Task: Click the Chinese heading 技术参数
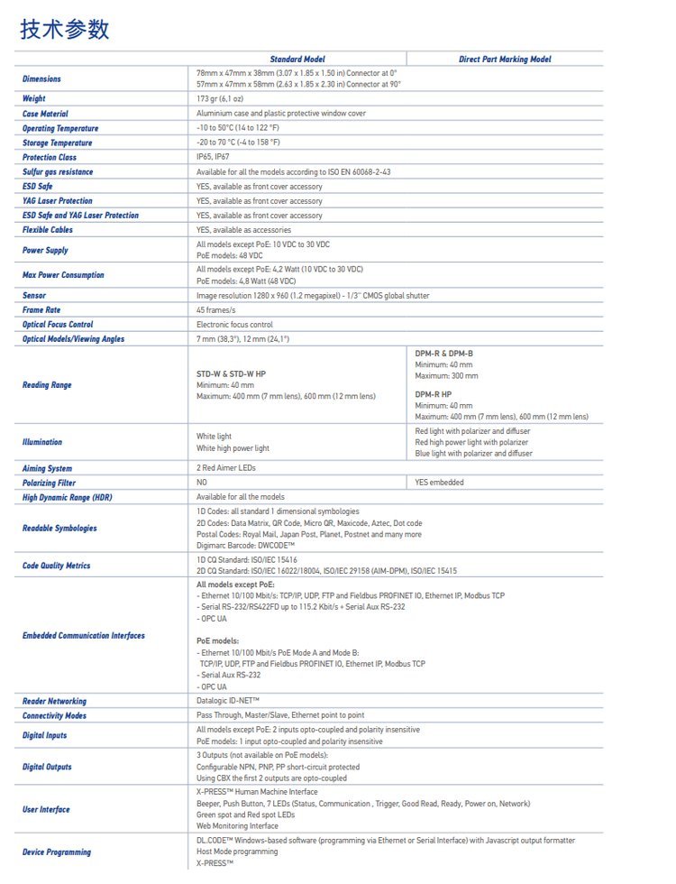pos(65,29)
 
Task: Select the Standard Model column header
pos(297,59)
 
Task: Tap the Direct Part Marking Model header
pos(505,59)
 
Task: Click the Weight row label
pos(34,98)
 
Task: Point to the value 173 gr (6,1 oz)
pos(220,98)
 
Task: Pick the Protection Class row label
pos(50,157)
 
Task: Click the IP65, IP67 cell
pos(213,157)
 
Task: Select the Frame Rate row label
pos(41,309)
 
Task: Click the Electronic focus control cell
pos(234,324)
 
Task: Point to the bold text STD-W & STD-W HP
pos(231,373)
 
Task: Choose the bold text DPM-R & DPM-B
pos(443,353)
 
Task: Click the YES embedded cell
pos(439,483)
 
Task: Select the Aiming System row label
pos(47,468)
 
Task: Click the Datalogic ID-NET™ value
pos(228,701)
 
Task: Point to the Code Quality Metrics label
pos(56,566)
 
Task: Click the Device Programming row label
pos(56,852)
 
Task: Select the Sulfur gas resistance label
pos(58,171)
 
